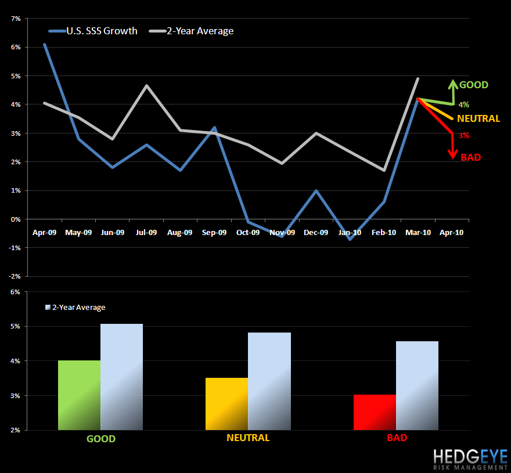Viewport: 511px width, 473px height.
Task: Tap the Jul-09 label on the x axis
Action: click(x=146, y=232)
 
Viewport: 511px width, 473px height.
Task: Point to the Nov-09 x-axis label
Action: click(x=282, y=232)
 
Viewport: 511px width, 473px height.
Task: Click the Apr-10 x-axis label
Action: click(x=452, y=232)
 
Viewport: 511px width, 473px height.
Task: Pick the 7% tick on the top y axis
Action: click(x=16, y=19)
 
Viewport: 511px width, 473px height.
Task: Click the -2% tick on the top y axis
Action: click(x=15, y=276)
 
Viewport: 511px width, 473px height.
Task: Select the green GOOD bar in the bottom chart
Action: click(x=80, y=395)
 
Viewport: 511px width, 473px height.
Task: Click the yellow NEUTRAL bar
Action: click(x=227, y=404)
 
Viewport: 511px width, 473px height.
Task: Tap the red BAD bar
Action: click(x=375, y=413)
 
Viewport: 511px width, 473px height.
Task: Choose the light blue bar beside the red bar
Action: click(x=417, y=385)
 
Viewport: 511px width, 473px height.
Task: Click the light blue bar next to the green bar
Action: click(x=122, y=377)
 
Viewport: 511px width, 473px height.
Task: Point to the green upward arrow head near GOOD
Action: click(x=452, y=83)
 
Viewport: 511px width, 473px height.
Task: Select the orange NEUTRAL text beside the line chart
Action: click(x=478, y=118)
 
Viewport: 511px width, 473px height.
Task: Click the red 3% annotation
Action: click(x=464, y=136)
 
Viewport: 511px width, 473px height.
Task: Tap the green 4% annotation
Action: click(x=464, y=105)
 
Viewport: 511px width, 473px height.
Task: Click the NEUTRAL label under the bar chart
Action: click(x=248, y=438)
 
